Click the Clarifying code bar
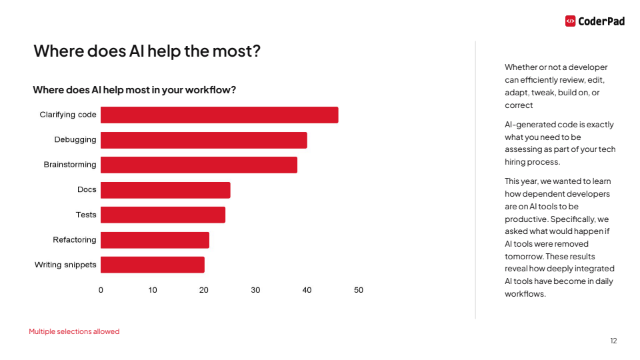(219, 115)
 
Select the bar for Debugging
(203, 140)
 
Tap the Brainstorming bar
(199, 165)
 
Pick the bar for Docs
(165, 190)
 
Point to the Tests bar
(163, 215)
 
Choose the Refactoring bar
(155, 240)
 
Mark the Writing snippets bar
(152, 265)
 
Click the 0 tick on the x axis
(101, 290)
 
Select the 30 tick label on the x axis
(255, 290)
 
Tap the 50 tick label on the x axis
(359, 290)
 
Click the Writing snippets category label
(65, 265)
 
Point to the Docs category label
(87, 190)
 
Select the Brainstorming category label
(70, 165)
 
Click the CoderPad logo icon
(570, 21)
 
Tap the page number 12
(613, 341)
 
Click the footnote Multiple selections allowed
(74, 331)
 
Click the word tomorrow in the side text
(523, 257)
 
